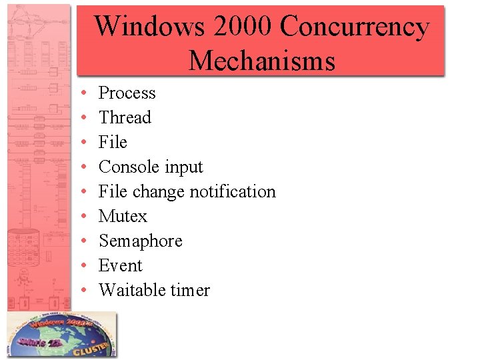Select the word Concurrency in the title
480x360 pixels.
coord(355,27)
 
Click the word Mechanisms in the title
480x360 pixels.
coord(261,61)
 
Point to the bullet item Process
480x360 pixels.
coord(127,93)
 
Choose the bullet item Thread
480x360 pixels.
coord(125,118)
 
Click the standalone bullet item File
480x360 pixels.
coord(113,143)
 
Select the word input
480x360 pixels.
coord(185,167)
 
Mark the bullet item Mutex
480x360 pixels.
coord(123,217)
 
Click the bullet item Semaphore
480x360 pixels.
coord(140,241)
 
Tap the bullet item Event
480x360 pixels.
coord(120,266)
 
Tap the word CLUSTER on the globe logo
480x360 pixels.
coord(93,346)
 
